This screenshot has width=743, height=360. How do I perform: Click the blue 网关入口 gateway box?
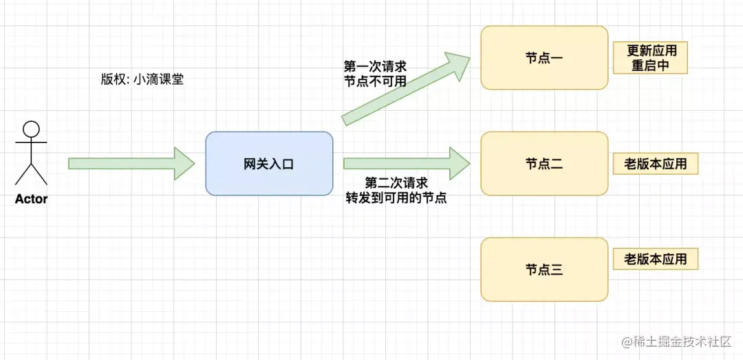click(269, 164)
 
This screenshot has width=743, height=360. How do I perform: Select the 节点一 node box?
click(544, 58)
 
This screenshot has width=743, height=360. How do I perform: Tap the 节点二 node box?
click(544, 164)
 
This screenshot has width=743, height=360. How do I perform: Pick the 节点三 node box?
click(544, 269)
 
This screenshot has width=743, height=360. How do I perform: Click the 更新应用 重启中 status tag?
click(650, 59)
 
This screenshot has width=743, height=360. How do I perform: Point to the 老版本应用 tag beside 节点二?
click(656, 164)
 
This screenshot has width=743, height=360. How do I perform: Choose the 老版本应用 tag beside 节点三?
click(656, 259)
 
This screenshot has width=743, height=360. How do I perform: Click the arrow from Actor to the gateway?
click(131, 164)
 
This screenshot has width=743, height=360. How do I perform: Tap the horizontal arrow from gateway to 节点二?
click(406, 164)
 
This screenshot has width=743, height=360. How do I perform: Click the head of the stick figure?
click(32, 129)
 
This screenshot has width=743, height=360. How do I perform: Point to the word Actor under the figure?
click(32, 199)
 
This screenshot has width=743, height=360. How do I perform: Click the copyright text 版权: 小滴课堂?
click(142, 79)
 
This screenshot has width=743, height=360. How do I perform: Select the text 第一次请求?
click(375, 67)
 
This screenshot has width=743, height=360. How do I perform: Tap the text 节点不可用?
click(375, 81)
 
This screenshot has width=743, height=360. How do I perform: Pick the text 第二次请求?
click(396, 183)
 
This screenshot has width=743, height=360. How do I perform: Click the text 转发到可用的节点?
click(396, 198)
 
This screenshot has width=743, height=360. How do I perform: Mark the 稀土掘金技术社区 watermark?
click(677, 341)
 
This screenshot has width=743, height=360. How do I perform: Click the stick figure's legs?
click(32, 173)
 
